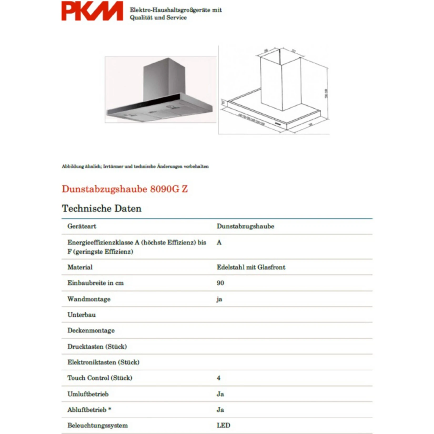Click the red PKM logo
click(x=92, y=11)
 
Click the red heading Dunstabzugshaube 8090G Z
click(x=125, y=189)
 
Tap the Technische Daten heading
click(x=102, y=209)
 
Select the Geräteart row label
click(x=82, y=226)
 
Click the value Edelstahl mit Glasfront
click(x=251, y=267)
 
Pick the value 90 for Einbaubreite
click(x=220, y=283)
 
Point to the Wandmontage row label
click(x=89, y=299)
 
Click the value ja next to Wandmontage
click(x=219, y=299)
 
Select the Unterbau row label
click(x=82, y=315)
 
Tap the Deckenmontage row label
click(x=91, y=331)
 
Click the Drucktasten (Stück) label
click(x=97, y=346)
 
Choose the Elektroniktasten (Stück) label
click(x=103, y=362)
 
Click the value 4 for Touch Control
click(x=219, y=378)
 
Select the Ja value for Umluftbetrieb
click(x=220, y=394)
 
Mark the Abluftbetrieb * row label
click(x=89, y=410)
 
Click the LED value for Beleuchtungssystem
click(x=223, y=425)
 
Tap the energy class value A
click(x=219, y=243)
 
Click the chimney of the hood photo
click(x=164, y=79)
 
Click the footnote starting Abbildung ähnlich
click(x=135, y=166)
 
